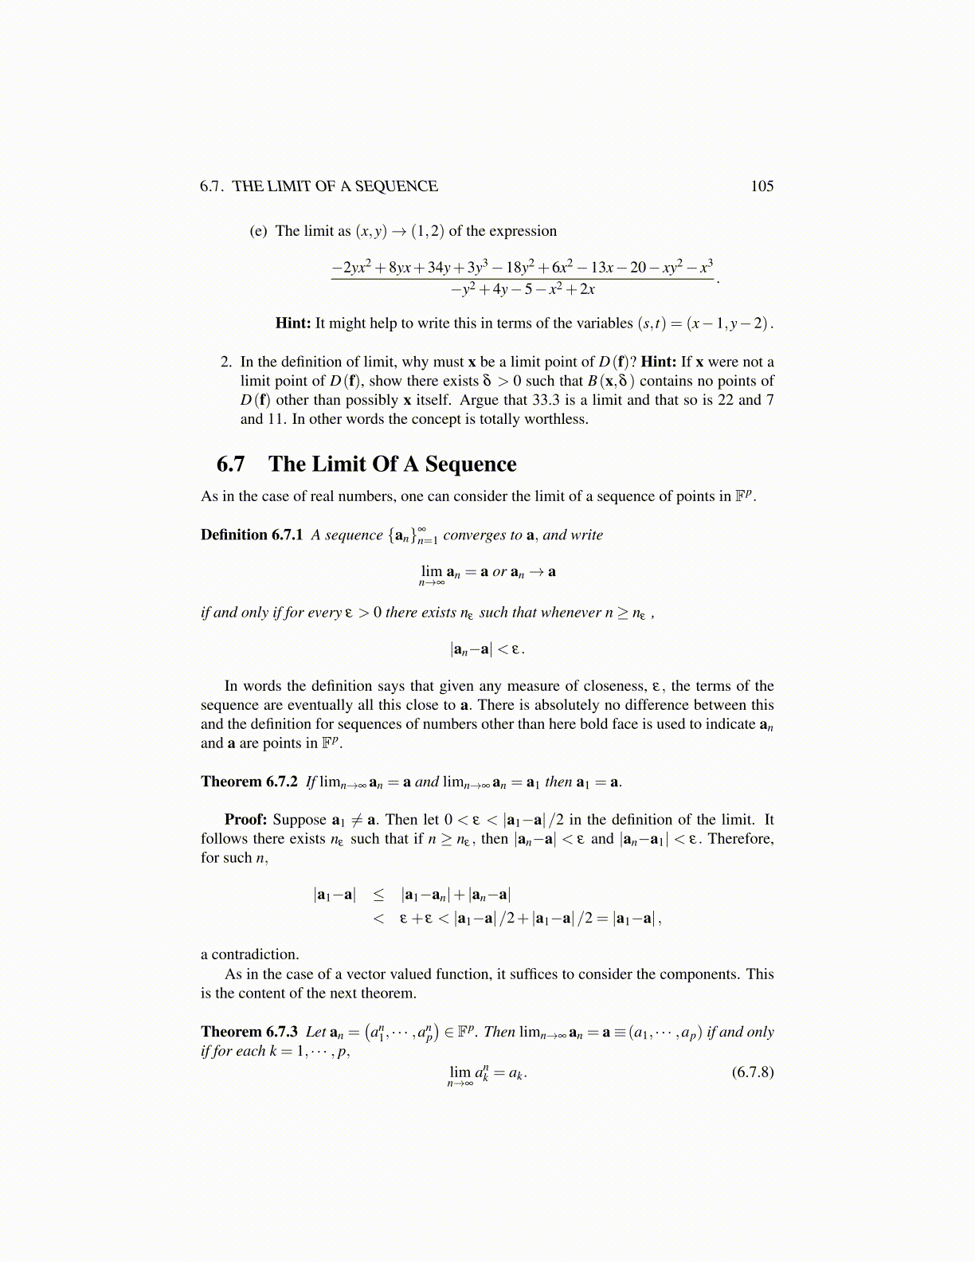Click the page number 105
click(x=762, y=186)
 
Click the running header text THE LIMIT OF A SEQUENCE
click(x=335, y=186)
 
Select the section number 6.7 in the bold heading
click(x=230, y=464)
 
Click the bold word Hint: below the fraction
click(x=292, y=323)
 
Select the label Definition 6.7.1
click(x=252, y=535)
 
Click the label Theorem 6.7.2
click(x=249, y=782)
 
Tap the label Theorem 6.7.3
click(x=249, y=1032)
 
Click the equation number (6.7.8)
click(x=752, y=1072)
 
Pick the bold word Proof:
click(x=245, y=820)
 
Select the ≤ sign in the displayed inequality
click(x=378, y=895)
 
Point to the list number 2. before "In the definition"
click(x=226, y=362)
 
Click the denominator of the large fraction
click(x=523, y=289)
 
